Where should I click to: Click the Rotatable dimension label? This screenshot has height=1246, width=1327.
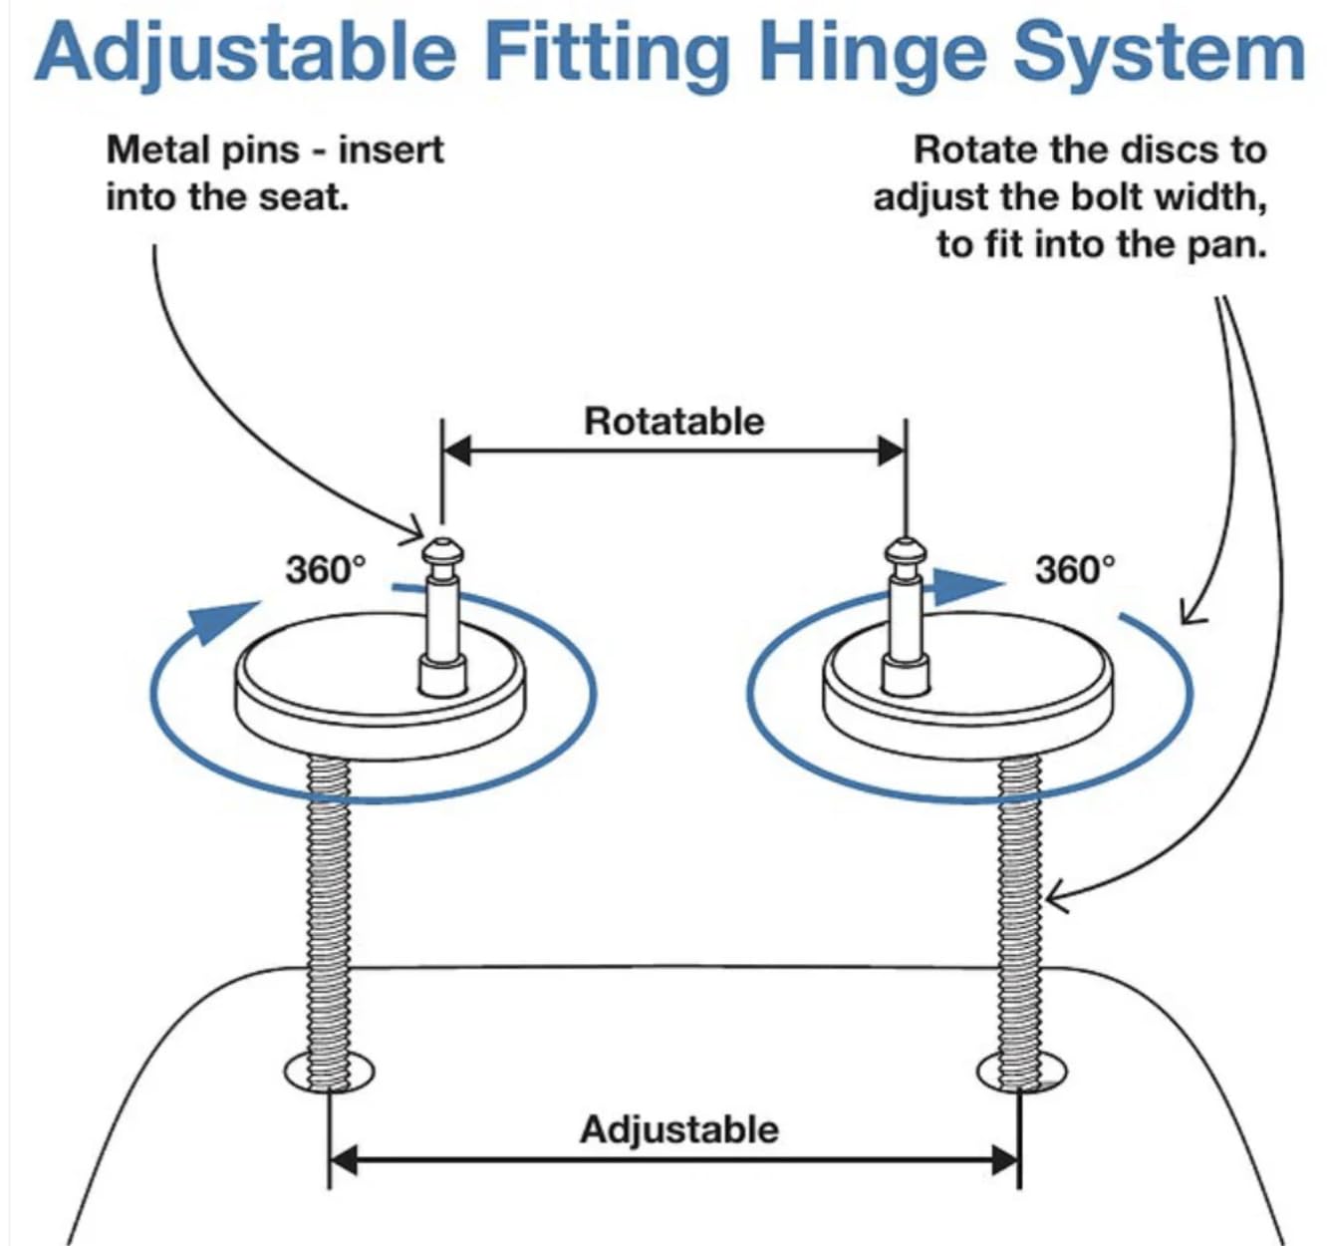pyautogui.click(x=673, y=421)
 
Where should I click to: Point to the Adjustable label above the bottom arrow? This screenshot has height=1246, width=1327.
pyautogui.click(x=678, y=1129)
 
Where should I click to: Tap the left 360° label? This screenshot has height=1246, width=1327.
pyautogui.click(x=326, y=570)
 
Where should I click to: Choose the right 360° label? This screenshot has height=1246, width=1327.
pyautogui.click(x=1075, y=570)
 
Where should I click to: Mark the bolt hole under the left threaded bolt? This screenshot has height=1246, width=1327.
pyautogui.click(x=329, y=1073)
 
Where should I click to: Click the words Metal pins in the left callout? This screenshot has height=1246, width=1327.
pyautogui.click(x=203, y=151)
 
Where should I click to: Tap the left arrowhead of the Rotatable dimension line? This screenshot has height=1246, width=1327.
pyautogui.click(x=456, y=451)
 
